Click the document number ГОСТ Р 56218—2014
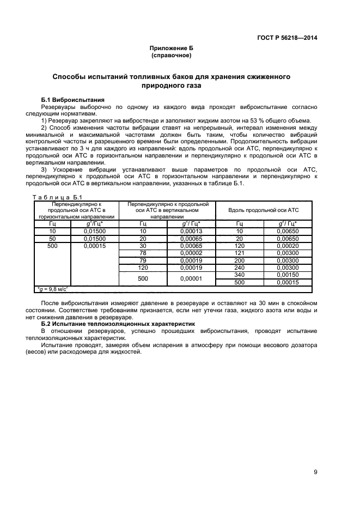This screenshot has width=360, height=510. point(286,38)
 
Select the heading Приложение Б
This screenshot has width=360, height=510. point(171,48)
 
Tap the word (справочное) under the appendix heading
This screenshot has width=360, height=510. point(171,56)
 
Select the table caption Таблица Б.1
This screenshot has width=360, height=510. point(57,197)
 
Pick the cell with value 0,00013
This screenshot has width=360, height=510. point(191,231)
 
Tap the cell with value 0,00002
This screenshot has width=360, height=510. point(191,253)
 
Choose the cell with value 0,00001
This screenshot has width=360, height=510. point(191,279)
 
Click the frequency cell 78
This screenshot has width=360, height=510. point(143,253)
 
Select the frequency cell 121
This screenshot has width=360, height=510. point(239,253)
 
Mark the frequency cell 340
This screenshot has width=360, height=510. point(239,276)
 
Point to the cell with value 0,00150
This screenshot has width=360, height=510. point(287,276)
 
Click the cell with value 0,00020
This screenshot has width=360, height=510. point(287,246)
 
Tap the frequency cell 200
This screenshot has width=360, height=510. point(239,261)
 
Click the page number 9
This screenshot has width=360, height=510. point(315,472)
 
